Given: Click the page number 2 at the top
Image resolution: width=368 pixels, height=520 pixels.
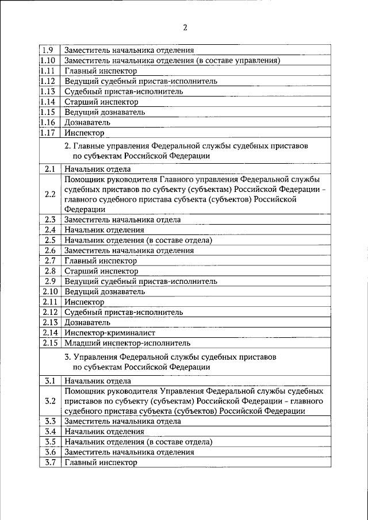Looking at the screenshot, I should [x=185, y=27].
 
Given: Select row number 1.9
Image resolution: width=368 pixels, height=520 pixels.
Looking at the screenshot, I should [x=48, y=50].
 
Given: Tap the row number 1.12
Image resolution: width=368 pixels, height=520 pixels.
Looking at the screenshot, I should [x=48, y=81].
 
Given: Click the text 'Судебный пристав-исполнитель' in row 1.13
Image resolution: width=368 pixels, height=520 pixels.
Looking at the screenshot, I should [x=124, y=91].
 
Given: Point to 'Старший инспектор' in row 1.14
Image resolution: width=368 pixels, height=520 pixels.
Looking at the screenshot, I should [x=101, y=102].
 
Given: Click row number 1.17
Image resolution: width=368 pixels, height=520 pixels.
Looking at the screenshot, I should [x=48, y=133].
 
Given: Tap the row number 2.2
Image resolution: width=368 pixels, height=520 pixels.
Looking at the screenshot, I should [x=49, y=194].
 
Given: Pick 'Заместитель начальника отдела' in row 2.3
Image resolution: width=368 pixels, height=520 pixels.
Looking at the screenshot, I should [x=122, y=219].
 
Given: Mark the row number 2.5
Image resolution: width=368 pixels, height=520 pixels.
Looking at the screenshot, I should [x=49, y=240].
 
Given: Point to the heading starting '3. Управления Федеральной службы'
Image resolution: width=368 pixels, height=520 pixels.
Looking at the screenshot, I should [x=173, y=361].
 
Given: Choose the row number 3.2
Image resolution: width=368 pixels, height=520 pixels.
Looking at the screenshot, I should [x=49, y=400].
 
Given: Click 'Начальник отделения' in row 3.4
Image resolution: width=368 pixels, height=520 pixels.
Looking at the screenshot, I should [x=104, y=431].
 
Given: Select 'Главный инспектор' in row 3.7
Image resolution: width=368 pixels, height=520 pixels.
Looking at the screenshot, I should [x=101, y=462].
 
